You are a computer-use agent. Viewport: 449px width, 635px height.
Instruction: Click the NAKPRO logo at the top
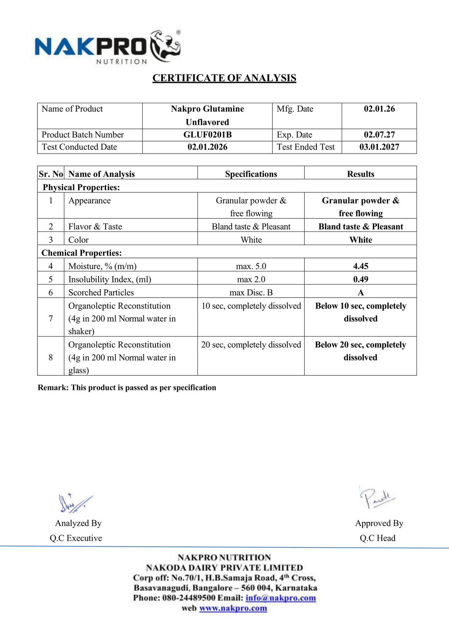[x=107, y=47]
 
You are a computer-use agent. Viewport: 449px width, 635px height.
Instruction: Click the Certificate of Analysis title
[x=224, y=78]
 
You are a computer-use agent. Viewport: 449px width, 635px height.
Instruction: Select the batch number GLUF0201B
[x=207, y=135]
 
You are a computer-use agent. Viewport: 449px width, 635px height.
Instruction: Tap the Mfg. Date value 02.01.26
[x=379, y=109]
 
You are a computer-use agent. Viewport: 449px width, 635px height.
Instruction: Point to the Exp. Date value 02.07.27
[x=379, y=135]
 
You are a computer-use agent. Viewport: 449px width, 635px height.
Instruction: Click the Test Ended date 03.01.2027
[x=379, y=147]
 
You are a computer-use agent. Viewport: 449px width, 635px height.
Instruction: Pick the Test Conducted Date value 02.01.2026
[x=207, y=147]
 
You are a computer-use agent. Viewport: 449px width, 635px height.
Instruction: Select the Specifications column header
[x=251, y=174]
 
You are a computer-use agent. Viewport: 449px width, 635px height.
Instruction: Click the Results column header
[x=360, y=174]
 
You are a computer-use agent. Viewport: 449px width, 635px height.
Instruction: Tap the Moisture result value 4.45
[x=360, y=266]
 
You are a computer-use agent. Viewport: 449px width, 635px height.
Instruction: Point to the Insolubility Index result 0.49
[x=360, y=279]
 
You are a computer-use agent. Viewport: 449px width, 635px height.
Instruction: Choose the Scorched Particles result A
[x=360, y=293]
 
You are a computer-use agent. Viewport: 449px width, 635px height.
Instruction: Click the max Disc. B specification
[x=251, y=293]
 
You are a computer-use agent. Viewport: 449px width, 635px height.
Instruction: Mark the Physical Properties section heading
[x=81, y=187]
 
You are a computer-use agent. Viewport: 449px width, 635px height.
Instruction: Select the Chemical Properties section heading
[x=81, y=253]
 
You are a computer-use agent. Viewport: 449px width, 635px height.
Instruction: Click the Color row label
[x=79, y=240]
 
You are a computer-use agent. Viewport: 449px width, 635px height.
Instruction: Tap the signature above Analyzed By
[x=75, y=503]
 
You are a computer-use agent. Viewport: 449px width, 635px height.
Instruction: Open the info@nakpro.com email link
[x=281, y=598]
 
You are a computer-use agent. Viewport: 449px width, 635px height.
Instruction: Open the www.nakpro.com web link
[x=233, y=608]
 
